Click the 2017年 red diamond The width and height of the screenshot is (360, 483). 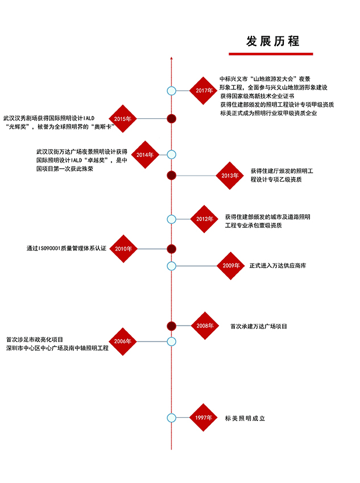click(x=204, y=90)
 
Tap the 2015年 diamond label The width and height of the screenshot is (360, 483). click(x=123, y=119)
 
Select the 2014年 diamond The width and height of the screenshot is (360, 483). click(x=145, y=155)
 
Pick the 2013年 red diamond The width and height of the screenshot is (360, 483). click(x=230, y=176)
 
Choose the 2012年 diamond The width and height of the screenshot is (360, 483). click(x=204, y=219)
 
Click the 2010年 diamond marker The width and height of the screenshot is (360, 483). click(x=123, y=248)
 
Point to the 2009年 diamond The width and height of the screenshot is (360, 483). click(x=231, y=266)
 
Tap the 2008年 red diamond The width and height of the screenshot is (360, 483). click(x=205, y=326)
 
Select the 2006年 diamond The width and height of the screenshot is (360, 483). click(x=123, y=342)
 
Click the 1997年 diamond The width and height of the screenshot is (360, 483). click(x=204, y=418)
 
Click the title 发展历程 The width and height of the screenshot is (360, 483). click(x=273, y=41)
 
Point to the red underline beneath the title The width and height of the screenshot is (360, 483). click(x=271, y=54)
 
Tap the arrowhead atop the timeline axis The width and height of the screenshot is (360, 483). click(x=171, y=58)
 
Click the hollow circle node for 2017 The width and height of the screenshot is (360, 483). click(x=171, y=91)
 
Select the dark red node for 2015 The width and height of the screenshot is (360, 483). click(x=171, y=119)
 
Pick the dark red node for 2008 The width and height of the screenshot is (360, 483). click(x=171, y=326)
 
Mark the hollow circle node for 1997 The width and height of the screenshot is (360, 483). click(x=171, y=418)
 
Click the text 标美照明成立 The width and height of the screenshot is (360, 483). click(x=245, y=418)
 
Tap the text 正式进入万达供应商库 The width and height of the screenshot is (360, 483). click(x=278, y=265)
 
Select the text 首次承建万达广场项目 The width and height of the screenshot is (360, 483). click(x=259, y=326)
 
